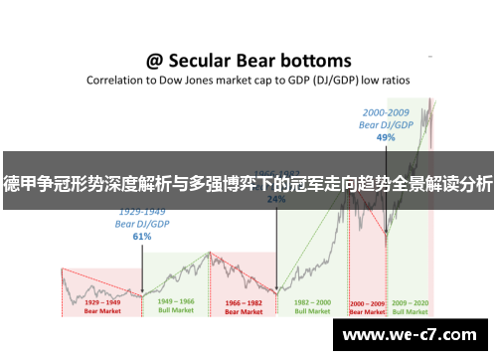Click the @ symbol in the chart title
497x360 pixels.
[x=156, y=61]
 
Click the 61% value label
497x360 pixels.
[x=141, y=237]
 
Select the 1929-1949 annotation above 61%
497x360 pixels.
[x=141, y=212]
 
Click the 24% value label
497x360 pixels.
[x=276, y=199]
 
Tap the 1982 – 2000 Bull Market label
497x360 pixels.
[x=310, y=304]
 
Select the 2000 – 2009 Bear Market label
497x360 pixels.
[x=367, y=304]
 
